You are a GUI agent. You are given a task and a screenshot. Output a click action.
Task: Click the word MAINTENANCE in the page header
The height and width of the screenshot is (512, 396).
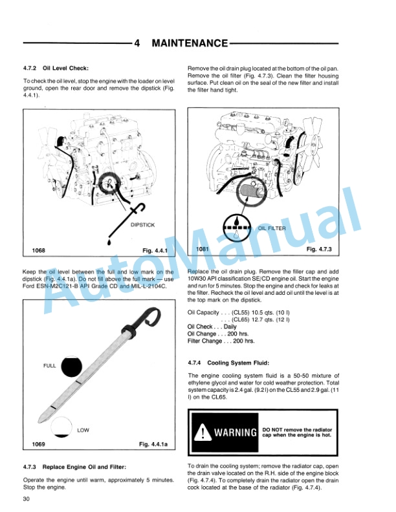pyautogui.click(x=189, y=43)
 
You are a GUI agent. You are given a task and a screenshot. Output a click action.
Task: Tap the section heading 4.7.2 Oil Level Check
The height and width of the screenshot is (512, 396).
pyautogui.click(x=56, y=68)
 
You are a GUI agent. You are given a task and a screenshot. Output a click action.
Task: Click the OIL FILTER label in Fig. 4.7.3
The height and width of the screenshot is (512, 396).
pyautogui.click(x=272, y=228)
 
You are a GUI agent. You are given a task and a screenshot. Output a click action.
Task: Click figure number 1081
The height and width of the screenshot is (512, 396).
pyautogui.click(x=203, y=249)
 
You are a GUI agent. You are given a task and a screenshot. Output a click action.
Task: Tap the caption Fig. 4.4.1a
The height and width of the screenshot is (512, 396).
pyautogui.click(x=153, y=445)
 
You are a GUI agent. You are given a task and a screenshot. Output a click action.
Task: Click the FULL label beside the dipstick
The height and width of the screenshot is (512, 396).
pyautogui.click(x=50, y=366)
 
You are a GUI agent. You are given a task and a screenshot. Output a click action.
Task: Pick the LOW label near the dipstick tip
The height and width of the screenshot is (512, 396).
pyautogui.click(x=83, y=430)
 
